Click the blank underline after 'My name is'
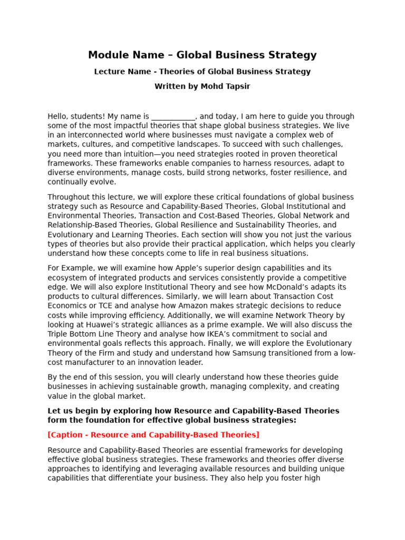click(x=173, y=117)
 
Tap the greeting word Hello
click(x=58, y=117)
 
